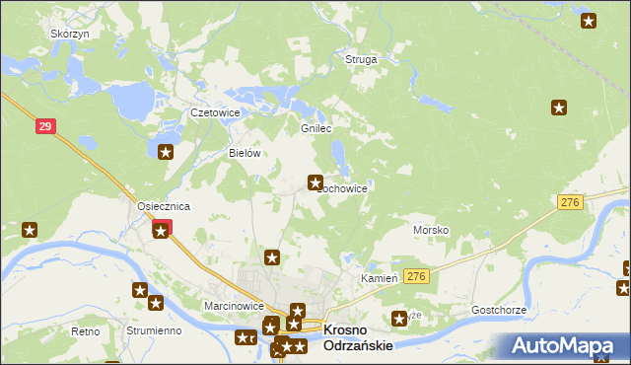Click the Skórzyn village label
pyautogui.click(x=70, y=34)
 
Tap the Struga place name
pyautogui.click(x=361, y=59)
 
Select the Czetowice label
pyautogui.click(x=215, y=112)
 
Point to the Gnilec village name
pyautogui.click(x=315, y=129)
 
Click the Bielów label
pyautogui.click(x=244, y=153)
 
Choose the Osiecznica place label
pyautogui.click(x=163, y=205)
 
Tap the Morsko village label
pyautogui.click(x=431, y=230)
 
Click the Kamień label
pyautogui.click(x=378, y=279)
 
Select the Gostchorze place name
pyautogui.click(x=499, y=310)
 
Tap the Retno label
pyautogui.click(x=86, y=331)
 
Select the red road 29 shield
pyautogui.click(x=44, y=126)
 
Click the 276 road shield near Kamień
pyautogui.click(x=417, y=277)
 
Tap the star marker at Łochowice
pyautogui.click(x=315, y=182)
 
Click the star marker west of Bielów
pyautogui.click(x=166, y=152)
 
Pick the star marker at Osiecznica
pyautogui.click(x=161, y=230)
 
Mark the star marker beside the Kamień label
pyautogui.click(x=399, y=318)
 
